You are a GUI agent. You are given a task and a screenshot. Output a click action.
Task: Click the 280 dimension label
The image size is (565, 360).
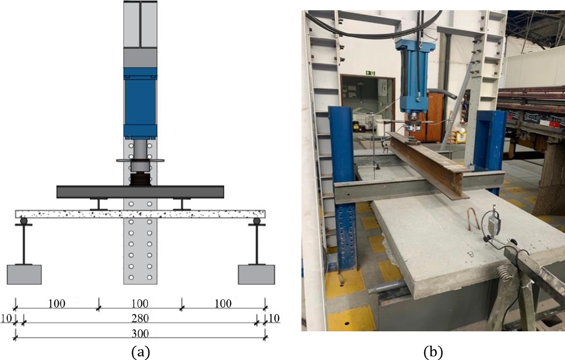click(x=140, y=319)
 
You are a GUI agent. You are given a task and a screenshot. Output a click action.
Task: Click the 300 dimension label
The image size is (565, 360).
click(x=140, y=333)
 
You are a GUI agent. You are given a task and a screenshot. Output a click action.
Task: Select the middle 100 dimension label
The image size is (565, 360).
click(x=140, y=304)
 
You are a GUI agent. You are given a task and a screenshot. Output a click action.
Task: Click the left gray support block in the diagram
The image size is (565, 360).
click(x=24, y=274)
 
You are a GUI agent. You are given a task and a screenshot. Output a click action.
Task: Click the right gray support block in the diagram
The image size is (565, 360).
click(x=256, y=274)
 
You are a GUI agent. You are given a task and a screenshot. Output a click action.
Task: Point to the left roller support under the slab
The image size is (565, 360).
click(x=24, y=221)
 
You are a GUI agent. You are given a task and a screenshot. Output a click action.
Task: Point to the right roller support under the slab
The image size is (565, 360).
click(x=256, y=221)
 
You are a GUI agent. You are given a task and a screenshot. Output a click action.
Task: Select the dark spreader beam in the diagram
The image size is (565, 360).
click(x=140, y=192)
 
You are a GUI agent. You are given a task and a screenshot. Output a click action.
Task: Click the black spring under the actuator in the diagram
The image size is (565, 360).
click(x=140, y=179)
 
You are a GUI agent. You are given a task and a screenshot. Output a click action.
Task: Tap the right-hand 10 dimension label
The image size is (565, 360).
click(x=274, y=318)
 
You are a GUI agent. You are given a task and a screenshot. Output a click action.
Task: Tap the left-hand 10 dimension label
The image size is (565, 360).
click(x=6, y=318)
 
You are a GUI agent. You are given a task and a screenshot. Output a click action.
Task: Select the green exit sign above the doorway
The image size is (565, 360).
click(x=370, y=73)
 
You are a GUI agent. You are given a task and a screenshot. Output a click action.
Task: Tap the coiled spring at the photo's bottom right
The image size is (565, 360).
click(x=505, y=273)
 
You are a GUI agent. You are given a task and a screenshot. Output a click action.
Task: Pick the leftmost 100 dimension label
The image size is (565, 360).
click(x=57, y=304)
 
